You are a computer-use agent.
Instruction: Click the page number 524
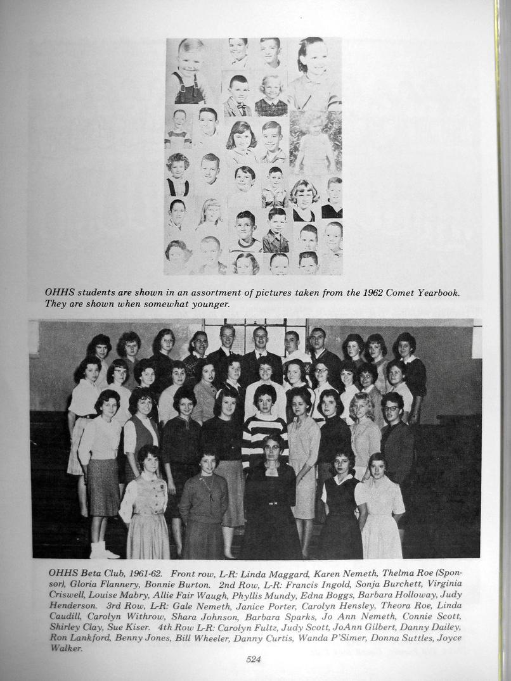254,659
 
